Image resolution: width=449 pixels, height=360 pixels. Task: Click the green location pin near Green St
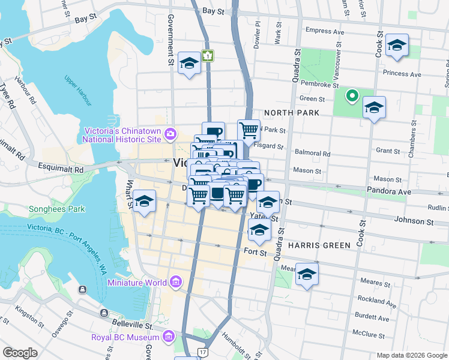click(352, 95)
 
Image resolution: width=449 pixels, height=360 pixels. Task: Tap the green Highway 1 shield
click(208, 56)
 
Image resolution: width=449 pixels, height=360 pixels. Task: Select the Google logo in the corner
click(20, 352)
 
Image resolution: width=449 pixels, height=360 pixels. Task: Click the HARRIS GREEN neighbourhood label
click(319, 245)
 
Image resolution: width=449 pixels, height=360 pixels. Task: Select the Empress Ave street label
click(324, 31)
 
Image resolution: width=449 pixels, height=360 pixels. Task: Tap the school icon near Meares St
click(307, 275)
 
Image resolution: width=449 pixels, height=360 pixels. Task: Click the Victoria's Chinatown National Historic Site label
click(123, 135)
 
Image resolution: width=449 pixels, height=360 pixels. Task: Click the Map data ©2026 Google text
click(411, 355)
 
